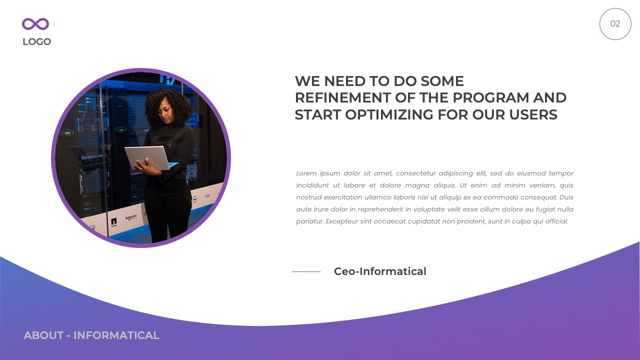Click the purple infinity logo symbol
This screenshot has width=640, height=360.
pos(35,24)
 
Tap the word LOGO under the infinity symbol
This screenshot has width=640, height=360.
pos(36,42)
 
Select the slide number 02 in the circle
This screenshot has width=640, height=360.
pos(615,24)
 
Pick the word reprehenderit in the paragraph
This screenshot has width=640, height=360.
pos(375,209)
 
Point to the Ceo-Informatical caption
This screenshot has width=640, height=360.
pos(380,271)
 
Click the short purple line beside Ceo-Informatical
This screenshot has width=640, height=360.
pos(306,271)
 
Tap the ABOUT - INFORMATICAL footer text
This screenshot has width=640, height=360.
pos(91,335)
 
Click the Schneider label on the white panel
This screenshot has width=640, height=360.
pos(131,217)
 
